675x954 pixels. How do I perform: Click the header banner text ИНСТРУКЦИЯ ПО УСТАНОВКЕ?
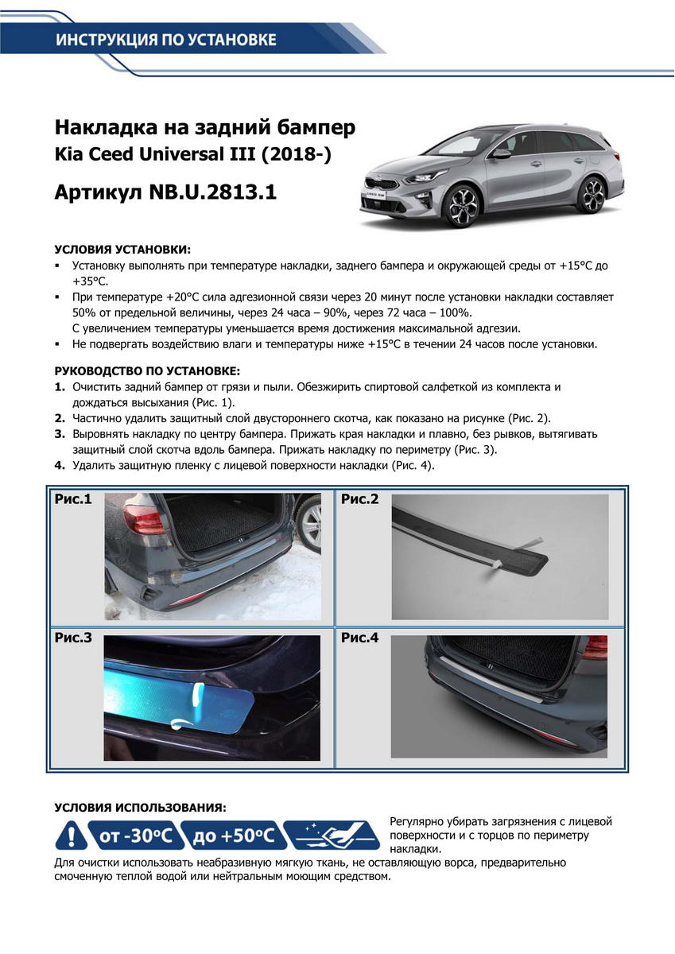[x=166, y=41]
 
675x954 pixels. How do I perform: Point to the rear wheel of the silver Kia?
[x=592, y=193]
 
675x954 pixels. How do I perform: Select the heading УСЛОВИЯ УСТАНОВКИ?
[x=122, y=249]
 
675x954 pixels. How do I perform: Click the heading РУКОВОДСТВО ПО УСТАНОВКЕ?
[x=146, y=371]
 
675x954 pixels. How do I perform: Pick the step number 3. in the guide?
[x=60, y=435]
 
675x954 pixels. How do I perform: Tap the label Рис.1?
[x=73, y=500]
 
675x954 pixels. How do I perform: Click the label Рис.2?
[x=360, y=499]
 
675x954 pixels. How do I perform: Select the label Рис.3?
[x=73, y=638]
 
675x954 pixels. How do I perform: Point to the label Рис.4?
[x=360, y=638]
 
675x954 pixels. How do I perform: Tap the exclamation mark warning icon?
[x=71, y=836]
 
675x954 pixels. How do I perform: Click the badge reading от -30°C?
[x=134, y=836]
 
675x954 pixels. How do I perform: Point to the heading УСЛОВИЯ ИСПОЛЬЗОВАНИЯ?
[x=140, y=807]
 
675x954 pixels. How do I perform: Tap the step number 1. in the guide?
[x=60, y=387]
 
